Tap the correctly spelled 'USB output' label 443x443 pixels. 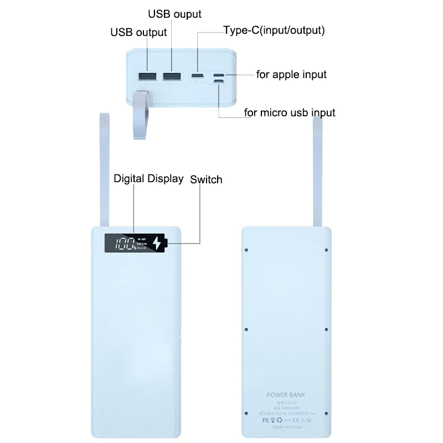tap(138, 32)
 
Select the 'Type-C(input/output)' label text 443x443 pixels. tap(274, 30)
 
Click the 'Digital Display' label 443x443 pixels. tap(148, 178)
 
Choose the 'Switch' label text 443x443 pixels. tap(206, 179)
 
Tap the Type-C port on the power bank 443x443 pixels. tap(197, 76)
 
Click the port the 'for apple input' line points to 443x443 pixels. tap(219, 75)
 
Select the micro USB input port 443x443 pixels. tap(219, 84)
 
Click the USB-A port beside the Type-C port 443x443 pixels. tap(172, 76)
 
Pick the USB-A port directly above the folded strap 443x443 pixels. tap(147, 76)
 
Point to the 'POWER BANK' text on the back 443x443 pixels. tap(286, 395)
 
